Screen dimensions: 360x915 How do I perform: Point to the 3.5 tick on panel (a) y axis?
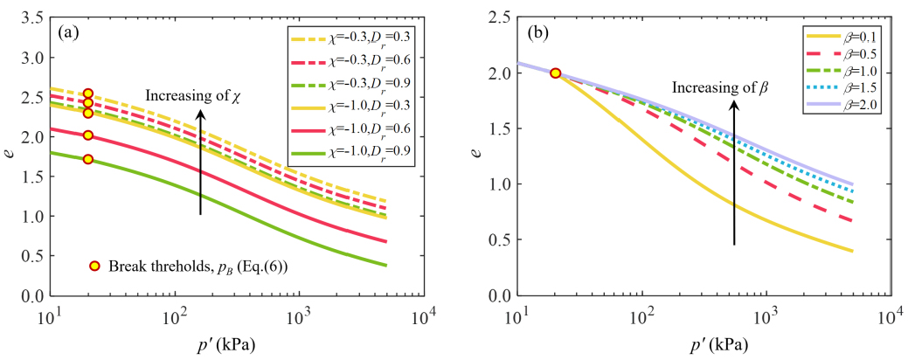pyautogui.click(x=32, y=17)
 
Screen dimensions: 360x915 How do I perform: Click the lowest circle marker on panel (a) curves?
pyautogui.click(x=87, y=159)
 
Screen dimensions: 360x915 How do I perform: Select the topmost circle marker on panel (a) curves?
pyautogui.click(x=87, y=93)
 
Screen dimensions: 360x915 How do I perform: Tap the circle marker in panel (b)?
pyautogui.click(x=555, y=73)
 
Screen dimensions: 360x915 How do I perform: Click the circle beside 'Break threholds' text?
pyautogui.click(x=94, y=266)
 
